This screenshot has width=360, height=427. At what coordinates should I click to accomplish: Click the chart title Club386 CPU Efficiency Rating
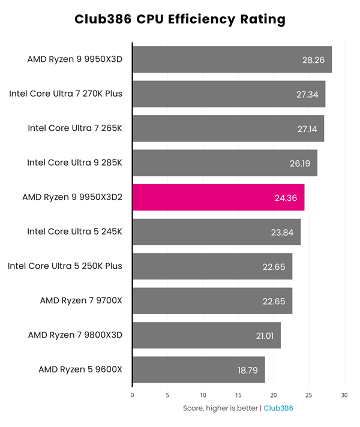tap(180, 19)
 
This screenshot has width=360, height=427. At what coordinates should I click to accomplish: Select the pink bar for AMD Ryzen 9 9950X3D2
tap(218, 197)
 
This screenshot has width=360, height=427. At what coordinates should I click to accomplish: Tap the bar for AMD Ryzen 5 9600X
tap(198, 369)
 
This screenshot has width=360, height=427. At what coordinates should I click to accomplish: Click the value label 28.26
tap(315, 60)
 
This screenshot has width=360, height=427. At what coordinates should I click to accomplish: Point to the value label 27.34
tap(308, 94)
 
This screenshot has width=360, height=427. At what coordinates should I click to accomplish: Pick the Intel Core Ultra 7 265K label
tap(75, 128)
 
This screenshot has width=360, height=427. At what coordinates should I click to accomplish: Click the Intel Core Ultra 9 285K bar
tap(224, 163)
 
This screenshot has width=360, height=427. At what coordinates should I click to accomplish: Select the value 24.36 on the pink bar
tap(287, 198)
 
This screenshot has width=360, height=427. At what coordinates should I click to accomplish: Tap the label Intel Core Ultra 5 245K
tap(75, 231)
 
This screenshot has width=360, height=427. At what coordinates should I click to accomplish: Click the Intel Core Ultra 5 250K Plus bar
tap(212, 266)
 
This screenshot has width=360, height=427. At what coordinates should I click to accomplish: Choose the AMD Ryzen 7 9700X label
tap(81, 300)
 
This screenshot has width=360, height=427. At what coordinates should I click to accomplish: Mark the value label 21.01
tap(265, 336)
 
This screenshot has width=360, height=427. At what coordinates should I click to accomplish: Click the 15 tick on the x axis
tap(238, 395)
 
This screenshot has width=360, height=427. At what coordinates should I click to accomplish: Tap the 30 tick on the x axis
tap(344, 395)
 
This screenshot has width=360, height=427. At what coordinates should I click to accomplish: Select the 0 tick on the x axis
tap(133, 395)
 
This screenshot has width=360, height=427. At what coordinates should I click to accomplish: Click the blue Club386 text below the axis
tap(278, 408)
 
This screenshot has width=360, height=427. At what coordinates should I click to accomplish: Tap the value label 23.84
tap(284, 232)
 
